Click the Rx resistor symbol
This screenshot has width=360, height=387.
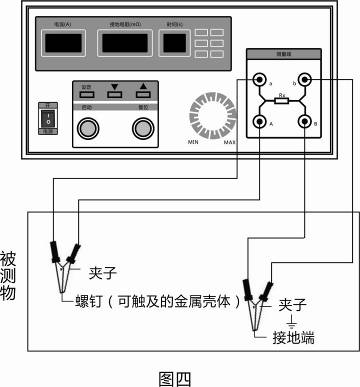pyautogui.click(x=282, y=101)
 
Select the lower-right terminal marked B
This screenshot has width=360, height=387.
pyautogui.click(x=305, y=122)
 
